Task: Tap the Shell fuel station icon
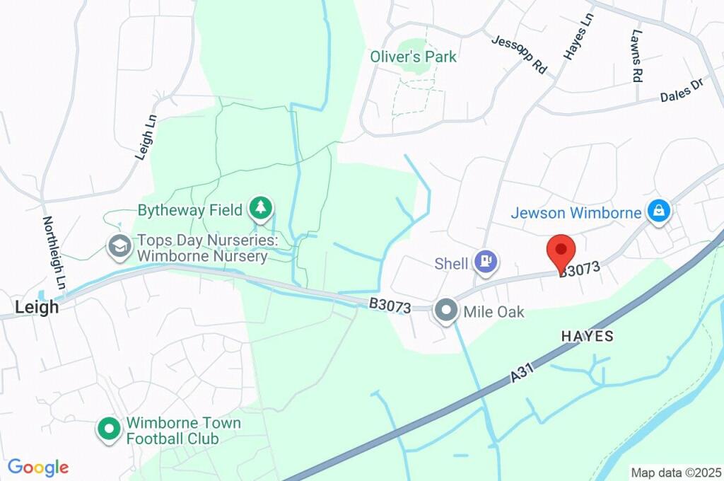coord(486,262)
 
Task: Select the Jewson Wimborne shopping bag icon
coord(659,211)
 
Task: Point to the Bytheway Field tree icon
coord(262,209)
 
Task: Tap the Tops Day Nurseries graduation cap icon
coord(117,246)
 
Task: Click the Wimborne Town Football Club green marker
coord(109,429)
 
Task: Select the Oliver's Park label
coord(414,57)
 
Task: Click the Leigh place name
coord(37,308)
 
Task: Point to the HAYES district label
coord(588,337)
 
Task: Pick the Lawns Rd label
coord(637,56)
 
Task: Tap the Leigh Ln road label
coord(146,137)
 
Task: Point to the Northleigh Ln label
coord(54,253)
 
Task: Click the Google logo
coord(38,468)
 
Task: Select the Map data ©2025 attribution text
coord(676,473)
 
